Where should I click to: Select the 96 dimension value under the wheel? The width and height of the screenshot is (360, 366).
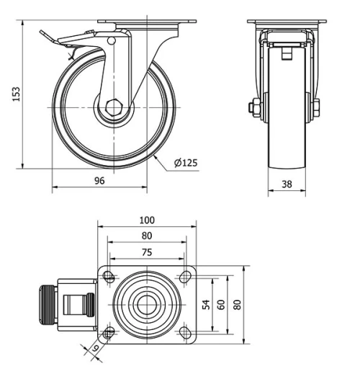(x=99, y=181)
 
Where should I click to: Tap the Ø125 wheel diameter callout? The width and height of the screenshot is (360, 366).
(x=186, y=163)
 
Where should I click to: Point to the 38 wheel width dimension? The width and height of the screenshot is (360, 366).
(x=287, y=184)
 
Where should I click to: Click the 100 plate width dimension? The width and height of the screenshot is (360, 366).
(x=146, y=220)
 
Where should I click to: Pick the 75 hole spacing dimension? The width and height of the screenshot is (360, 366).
(x=146, y=252)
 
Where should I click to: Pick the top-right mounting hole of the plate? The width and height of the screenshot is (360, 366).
(x=185, y=276)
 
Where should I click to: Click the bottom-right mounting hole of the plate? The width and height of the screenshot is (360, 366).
(x=185, y=333)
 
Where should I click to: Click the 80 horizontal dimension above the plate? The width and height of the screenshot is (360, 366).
(x=146, y=236)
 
